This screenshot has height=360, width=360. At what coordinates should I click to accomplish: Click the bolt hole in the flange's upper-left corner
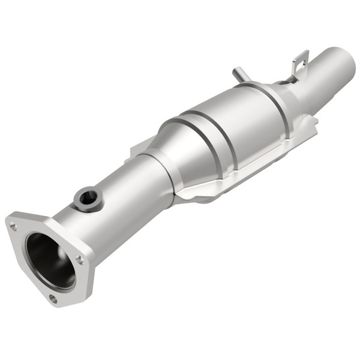pyautogui.click(x=13, y=226)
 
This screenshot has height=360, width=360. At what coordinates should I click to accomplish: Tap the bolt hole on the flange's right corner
pyautogui.click(x=80, y=260)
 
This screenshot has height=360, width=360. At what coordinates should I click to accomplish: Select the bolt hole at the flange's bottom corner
pyautogui.click(x=53, y=298)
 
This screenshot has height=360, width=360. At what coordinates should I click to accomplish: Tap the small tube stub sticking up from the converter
pyautogui.click(x=240, y=76)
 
